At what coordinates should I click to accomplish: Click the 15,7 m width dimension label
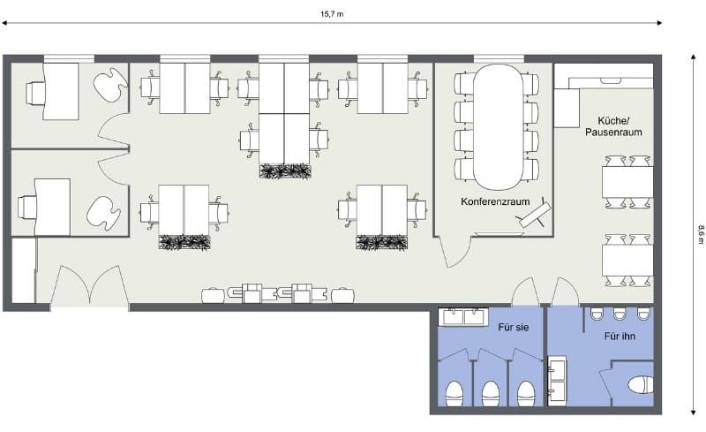[x=332, y=14]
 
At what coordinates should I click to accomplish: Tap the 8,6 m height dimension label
[x=700, y=235]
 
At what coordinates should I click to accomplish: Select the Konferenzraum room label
[x=495, y=201]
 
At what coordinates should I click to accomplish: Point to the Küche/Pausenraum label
[x=613, y=126]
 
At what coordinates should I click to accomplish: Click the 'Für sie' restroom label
[x=514, y=327]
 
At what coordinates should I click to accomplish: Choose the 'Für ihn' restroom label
[x=620, y=336]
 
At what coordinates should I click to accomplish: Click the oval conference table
[x=497, y=127]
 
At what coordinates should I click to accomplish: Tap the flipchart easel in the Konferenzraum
[x=535, y=214]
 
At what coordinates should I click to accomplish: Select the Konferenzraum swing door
[x=454, y=253]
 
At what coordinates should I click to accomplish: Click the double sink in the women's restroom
[x=464, y=316]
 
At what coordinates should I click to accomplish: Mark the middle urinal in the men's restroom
[x=620, y=314]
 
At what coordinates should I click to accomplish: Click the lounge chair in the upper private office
[x=110, y=82]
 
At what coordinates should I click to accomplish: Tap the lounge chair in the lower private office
[x=103, y=213]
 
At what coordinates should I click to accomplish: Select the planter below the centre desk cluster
[x=285, y=171]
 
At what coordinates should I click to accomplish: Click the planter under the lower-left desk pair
[x=184, y=242]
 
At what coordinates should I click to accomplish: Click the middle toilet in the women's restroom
[x=491, y=394]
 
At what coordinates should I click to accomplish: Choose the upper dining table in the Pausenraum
[x=627, y=182]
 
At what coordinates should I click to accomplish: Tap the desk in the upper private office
[x=60, y=92]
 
